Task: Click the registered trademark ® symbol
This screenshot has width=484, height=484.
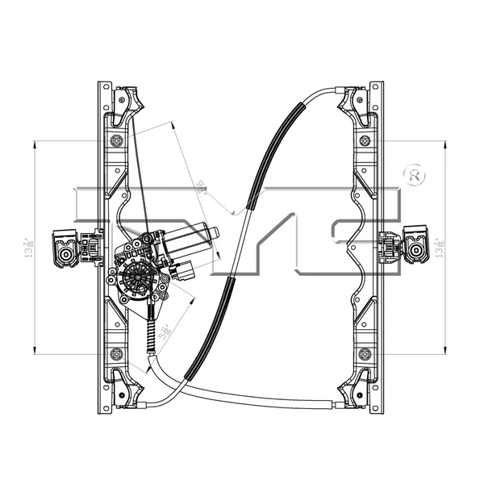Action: pyautogui.click(x=414, y=175)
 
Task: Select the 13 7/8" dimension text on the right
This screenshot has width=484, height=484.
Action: pyautogui.click(x=438, y=245)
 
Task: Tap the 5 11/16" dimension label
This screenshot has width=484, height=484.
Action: pyautogui.click(x=165, y=331)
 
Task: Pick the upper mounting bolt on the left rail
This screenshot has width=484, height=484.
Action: pyautogui.click(x=118, y=140)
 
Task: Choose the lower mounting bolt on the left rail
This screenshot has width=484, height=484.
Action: pyautogui.click(x=118, y=353)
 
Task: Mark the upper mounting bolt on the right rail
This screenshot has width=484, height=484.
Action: pyautogui.click(x=365, y=140)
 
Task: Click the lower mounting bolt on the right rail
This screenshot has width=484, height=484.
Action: pyautogui.click(x=365, y=353)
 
